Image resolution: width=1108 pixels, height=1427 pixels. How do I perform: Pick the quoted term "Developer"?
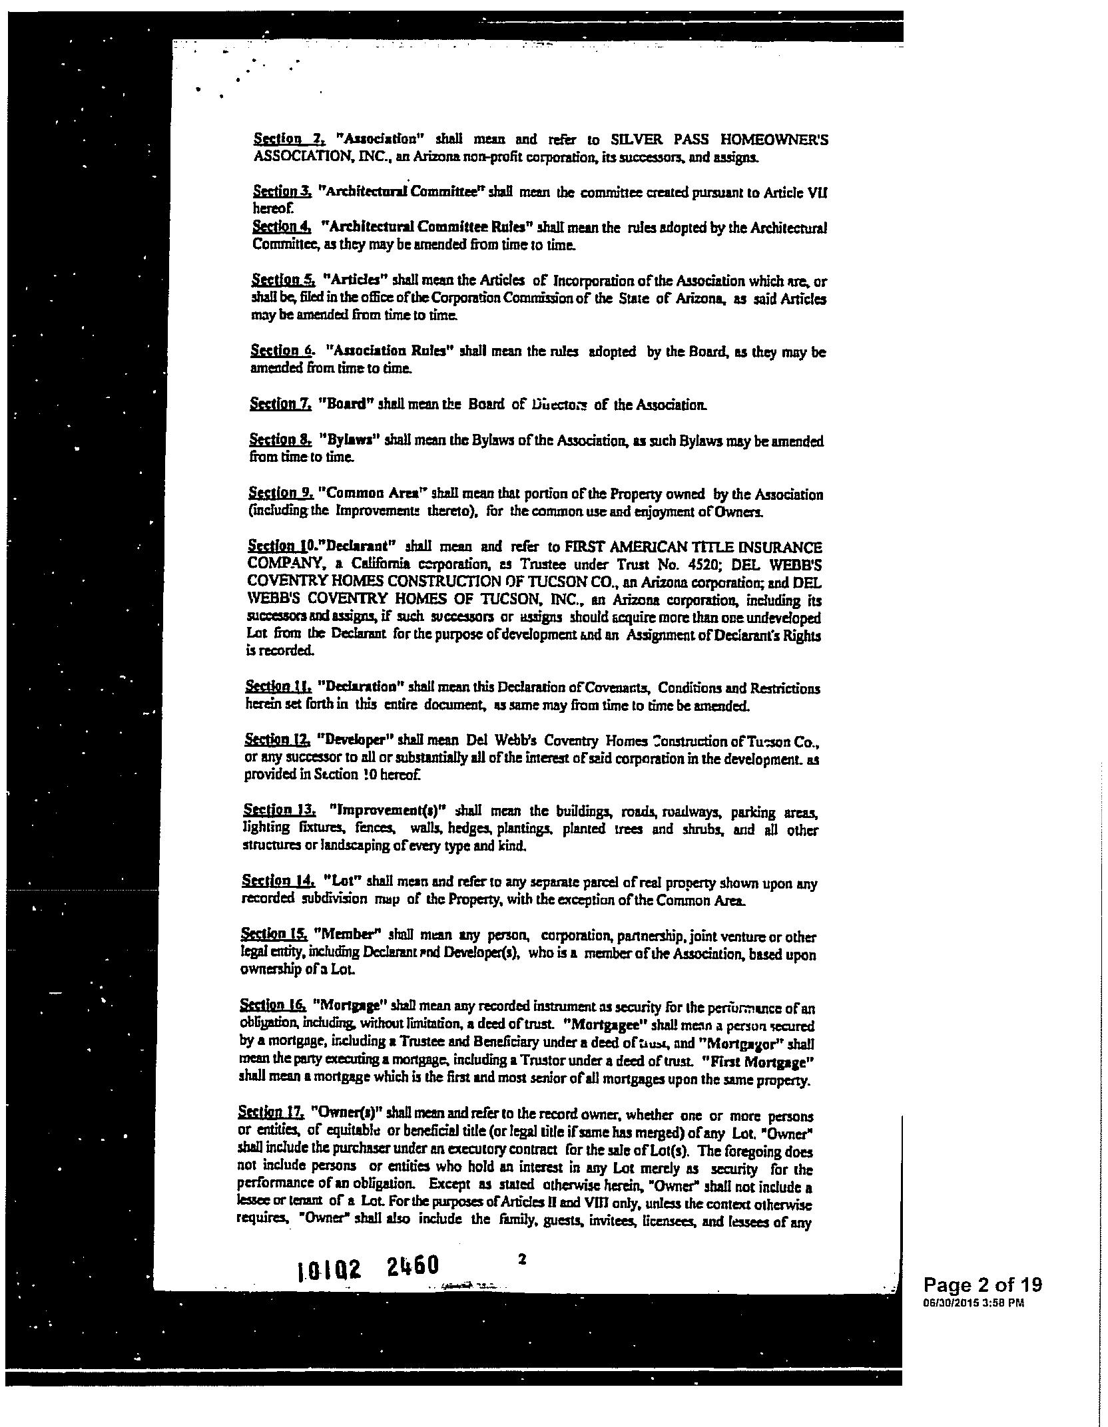(351, 740)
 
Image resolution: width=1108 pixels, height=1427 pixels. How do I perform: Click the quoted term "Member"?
(344, 936)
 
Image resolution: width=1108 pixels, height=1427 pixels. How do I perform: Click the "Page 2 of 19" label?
(982, 1303)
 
